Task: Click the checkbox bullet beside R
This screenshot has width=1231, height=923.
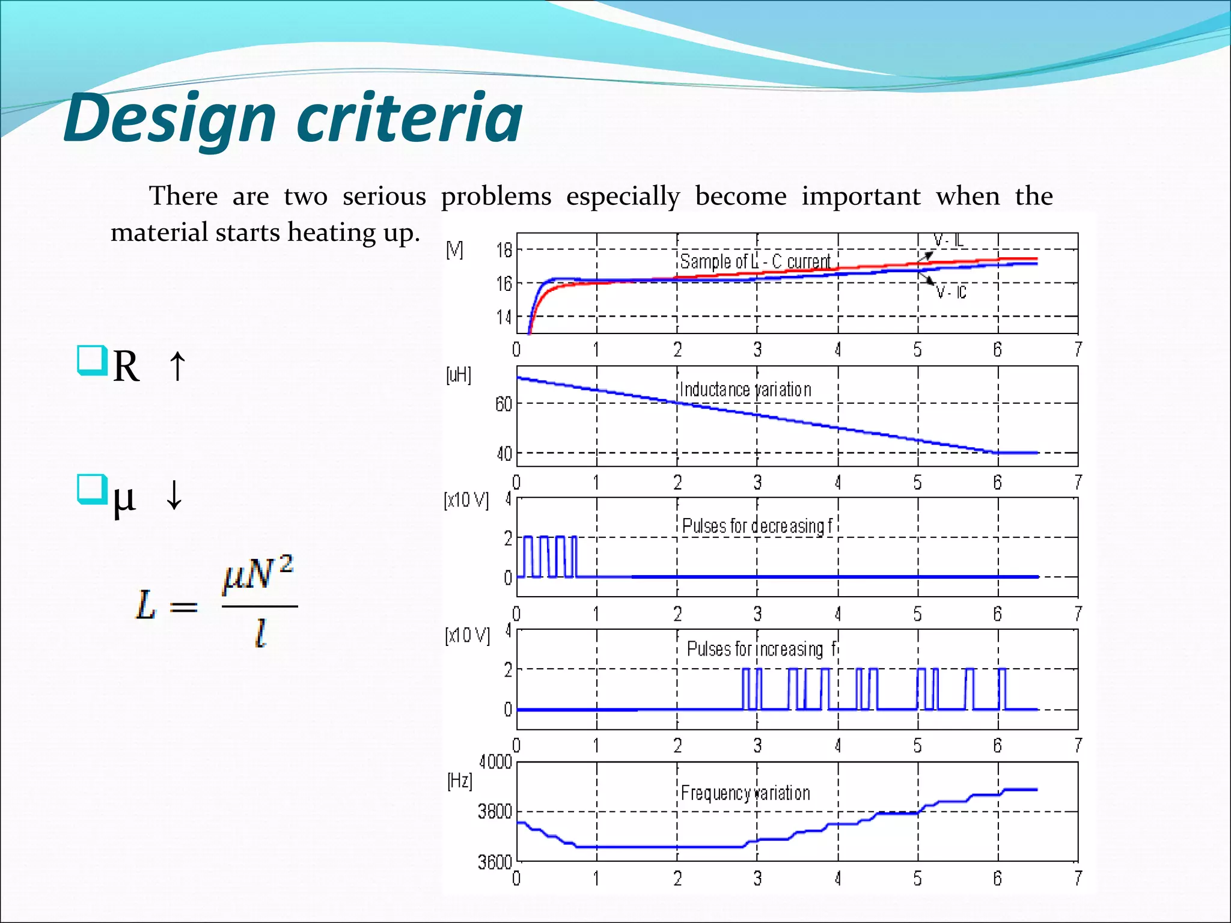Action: pyautogui.click(x=92, y=360)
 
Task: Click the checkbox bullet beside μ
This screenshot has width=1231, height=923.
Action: pyautogui.click(x=92, y=489)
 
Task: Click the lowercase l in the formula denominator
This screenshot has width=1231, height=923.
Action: pyautogui.click(x=260, y=633)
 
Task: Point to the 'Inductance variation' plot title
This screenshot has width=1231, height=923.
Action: pyautogui.click(x=745, y=389)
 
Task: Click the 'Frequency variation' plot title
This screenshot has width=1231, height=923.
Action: pyautogui.click(x=745, y=793)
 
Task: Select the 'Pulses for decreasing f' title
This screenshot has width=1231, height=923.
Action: pyautogui.click(x=757, y=526)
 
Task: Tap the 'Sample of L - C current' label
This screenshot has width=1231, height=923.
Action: pyautogui.click(x=756, y=261)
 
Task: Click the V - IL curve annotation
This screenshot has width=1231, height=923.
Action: pyautogui.click(x=948, y=240)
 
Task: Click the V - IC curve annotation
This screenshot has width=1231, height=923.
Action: pyautogui.click(x=952, y=293)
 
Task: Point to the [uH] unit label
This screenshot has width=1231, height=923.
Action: pyautogui.click(x=459, y=375)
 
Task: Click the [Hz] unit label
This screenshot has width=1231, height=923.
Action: pyautogui.click(x=460, y=781)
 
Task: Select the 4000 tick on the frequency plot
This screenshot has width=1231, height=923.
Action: pyautogui.click(x=495, y=762)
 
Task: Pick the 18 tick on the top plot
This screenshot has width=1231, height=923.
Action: pyautogui.click(x=504, y=250)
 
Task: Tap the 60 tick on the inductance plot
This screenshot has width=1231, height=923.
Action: pyautogui.click(x=504, y=404)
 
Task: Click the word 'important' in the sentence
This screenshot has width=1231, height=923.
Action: pyautogui.click(x=860, y=196)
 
